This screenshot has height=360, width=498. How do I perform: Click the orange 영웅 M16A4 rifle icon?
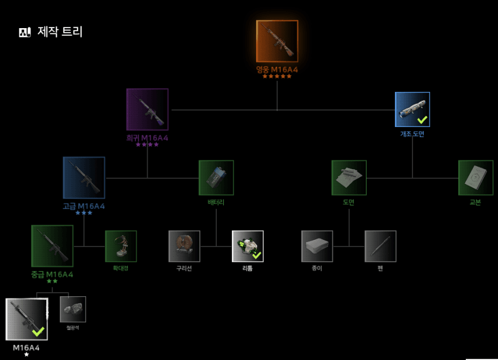click(277, 41)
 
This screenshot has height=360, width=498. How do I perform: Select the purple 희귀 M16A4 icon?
click(148, 109)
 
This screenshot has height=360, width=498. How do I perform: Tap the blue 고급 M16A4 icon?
click(84, 177)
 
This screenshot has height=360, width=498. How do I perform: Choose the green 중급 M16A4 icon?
click(52, 246)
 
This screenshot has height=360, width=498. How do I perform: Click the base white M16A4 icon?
click(27, 319)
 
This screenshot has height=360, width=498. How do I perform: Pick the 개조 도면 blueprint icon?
click(412, 109)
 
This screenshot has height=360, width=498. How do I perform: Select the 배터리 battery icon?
click(216, 177)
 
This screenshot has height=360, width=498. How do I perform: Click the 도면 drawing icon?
click(349, 177)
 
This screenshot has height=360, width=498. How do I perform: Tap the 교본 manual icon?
click(475, 177)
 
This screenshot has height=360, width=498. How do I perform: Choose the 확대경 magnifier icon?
click(121, 246)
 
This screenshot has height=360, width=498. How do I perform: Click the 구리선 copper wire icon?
click(185, 246)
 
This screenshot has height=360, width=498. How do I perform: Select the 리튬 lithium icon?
click(248, 246)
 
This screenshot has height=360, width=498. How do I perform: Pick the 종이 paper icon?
click(317, 246)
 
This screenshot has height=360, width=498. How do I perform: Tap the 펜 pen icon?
click(380, 246)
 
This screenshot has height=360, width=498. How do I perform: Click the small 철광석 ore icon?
click(73, 309)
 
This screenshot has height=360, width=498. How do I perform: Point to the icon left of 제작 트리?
click(25, 32)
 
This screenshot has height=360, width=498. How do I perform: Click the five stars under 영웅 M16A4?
click(277, 76)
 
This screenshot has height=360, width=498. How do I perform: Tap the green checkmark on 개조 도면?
click(422, 119)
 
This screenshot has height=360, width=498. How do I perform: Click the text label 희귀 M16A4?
click(147, 138)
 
